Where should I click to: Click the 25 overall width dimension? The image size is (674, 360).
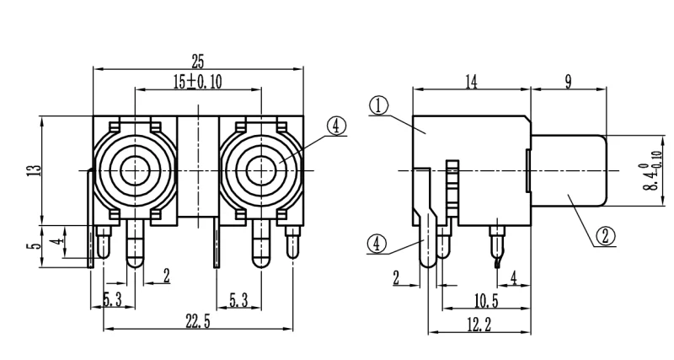pos(197,61)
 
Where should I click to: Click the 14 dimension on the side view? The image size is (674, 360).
pos(470,81)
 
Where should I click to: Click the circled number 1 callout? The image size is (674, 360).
pos(378,105)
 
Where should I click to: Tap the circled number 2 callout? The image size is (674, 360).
pos(604,236)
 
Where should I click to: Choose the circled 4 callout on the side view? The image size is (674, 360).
pos(377,244)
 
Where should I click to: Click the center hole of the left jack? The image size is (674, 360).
pos(134,169)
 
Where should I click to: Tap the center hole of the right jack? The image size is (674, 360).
pos(259,169)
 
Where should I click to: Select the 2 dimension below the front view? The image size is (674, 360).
pos(166,275)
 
